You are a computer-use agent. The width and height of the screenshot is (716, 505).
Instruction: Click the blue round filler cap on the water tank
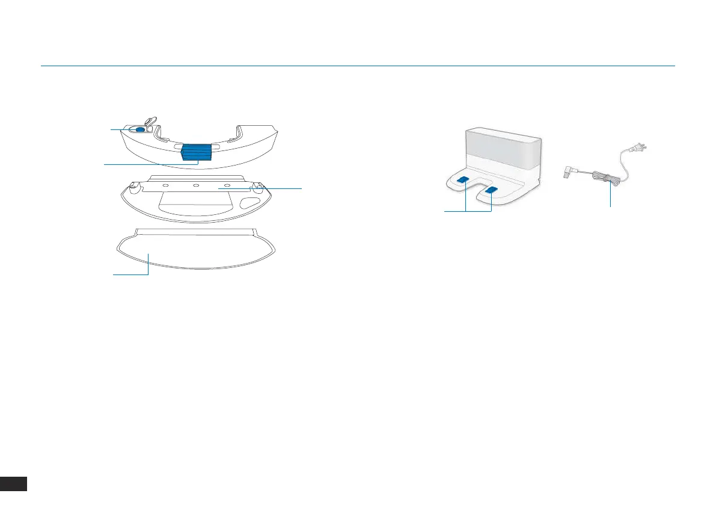pos(139,129)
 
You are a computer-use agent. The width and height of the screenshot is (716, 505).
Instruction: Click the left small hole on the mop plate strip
pos(165,185)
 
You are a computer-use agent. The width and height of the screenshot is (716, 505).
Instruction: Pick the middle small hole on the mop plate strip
pos(196,185)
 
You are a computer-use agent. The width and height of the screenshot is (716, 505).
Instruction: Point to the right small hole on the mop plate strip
pos(227,185)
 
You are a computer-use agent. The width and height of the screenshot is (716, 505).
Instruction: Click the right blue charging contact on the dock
pos(492,190)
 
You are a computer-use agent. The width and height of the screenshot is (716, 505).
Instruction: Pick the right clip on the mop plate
pos(260,188)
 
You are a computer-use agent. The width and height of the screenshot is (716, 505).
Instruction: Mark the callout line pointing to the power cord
pos(611,196)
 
